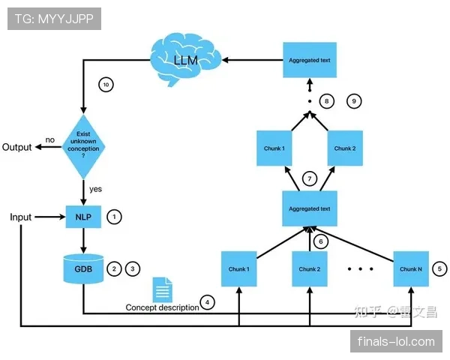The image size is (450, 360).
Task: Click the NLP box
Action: click(83, 217)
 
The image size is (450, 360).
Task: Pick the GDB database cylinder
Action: click(83, 268)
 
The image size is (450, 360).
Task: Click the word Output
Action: click(17, 147)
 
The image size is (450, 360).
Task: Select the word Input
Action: click(21, 217)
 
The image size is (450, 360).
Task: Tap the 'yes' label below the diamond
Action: click(95, 189)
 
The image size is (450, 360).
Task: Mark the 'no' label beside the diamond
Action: click(50, 139)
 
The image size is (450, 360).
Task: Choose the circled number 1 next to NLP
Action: click(115, 217)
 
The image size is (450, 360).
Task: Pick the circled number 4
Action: click(208, 304)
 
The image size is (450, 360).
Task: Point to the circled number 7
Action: click(308, 178)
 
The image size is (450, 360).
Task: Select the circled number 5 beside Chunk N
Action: click(440, 268)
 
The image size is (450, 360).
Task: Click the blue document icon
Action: click(162, 289)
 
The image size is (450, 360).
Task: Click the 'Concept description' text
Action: click(162, 307)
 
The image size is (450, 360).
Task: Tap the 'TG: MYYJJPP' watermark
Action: click(54, 19)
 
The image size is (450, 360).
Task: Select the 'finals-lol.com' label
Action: click(396, 342)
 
